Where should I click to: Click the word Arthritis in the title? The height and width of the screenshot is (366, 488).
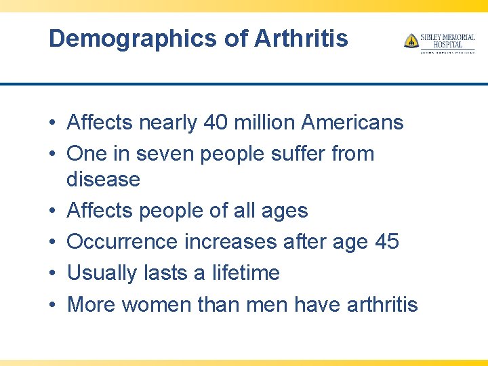tap(301, 39)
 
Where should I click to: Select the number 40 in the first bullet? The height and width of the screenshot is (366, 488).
tap(213, 123)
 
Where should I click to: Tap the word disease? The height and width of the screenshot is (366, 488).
tap(103, 180)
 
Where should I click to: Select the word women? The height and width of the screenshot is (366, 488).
tap(157, 304)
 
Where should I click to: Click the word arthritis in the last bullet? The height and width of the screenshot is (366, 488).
tap(382, 304)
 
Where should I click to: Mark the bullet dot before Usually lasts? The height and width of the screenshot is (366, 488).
tap(52, 273)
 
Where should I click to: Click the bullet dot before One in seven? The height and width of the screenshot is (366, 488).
tap(52, 155)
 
